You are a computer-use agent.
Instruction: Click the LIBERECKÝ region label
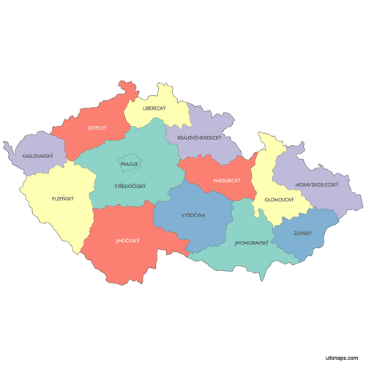[154, 108]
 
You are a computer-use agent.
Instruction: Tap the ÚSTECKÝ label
[97, 128]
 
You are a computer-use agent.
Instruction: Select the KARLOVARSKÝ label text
[37, 157]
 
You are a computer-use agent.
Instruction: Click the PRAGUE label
[130, 164]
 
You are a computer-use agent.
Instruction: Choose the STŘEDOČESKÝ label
[130, 186]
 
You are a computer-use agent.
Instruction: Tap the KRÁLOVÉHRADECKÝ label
[198, 137]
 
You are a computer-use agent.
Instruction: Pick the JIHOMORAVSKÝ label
[251, 242]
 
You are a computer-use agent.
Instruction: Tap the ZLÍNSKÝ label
[302, 233]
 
